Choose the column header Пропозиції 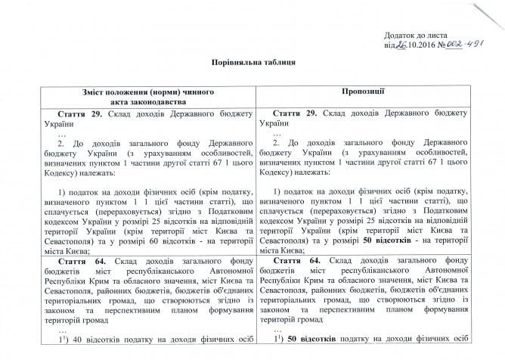375,91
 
